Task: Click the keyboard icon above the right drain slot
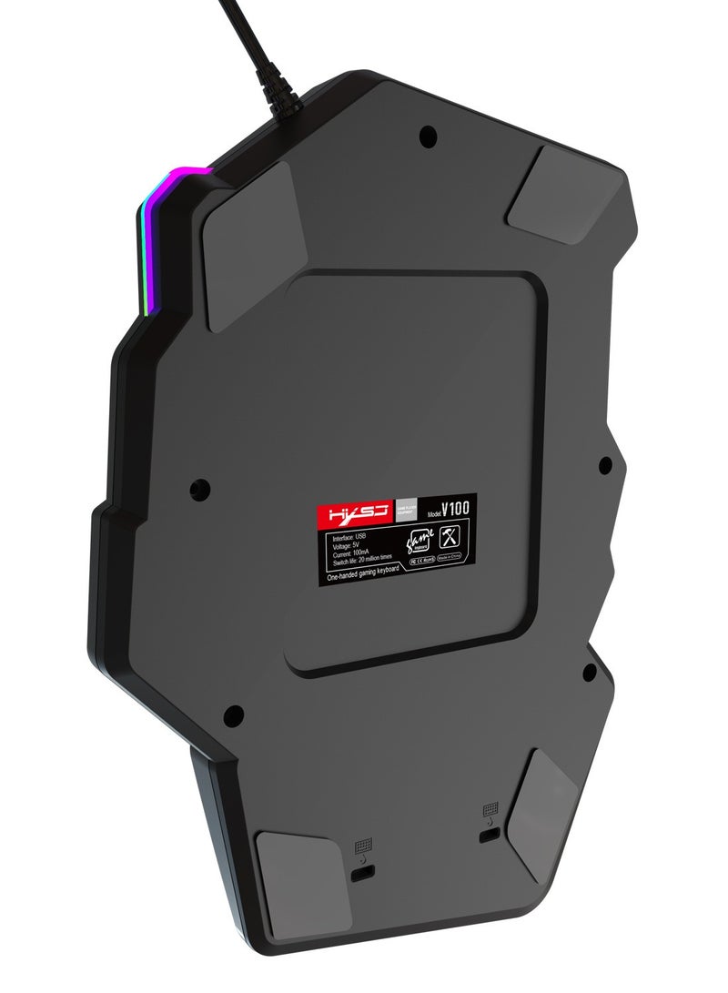(490, 808)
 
